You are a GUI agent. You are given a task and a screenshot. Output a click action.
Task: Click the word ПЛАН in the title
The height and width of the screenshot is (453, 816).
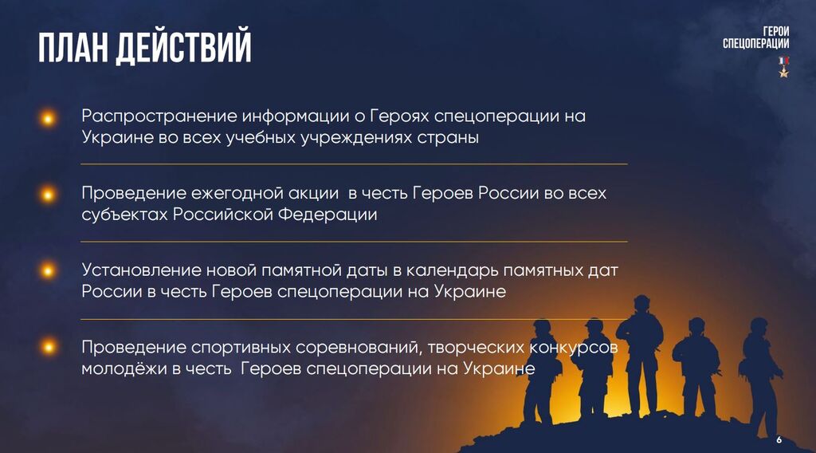[x=72, y=47]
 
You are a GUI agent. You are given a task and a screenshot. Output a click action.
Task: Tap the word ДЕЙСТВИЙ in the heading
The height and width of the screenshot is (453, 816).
[x=183, y=47]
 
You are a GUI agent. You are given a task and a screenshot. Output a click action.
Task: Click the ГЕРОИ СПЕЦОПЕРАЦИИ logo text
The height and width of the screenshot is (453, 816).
[x=755, y=37]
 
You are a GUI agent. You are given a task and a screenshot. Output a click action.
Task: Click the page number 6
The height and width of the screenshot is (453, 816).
[x=779, y=440]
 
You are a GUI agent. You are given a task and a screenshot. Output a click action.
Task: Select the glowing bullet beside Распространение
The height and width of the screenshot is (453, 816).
[x=47, y=118]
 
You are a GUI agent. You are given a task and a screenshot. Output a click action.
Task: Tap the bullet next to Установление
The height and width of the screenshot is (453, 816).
[x=47, y=270]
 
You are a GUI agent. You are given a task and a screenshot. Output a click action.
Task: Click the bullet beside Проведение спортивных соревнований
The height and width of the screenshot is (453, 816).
[x=47, y=347]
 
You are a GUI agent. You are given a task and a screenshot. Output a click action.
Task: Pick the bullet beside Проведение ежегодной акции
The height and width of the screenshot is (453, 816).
[x=47, y=195]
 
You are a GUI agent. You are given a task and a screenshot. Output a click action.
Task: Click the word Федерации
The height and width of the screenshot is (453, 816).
[x=328, y=215]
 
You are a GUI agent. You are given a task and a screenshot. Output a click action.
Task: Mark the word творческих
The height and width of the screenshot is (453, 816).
[x=476, y=348]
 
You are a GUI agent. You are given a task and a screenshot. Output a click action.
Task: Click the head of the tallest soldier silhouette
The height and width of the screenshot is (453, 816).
[x=641, y=303]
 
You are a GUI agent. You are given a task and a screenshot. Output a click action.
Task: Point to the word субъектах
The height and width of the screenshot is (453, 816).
[x=124, y=215]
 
